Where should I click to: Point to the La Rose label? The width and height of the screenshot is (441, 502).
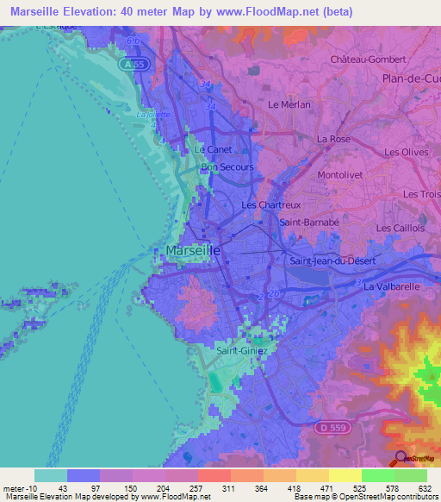tap(332, 139)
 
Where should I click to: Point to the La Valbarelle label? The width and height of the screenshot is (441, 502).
tap(392, 286)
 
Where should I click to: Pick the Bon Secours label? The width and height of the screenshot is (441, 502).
tap(227, 167)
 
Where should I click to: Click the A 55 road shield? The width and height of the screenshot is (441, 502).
tap(129, 64)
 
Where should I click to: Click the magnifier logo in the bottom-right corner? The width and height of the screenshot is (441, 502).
tap(402, 458)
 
